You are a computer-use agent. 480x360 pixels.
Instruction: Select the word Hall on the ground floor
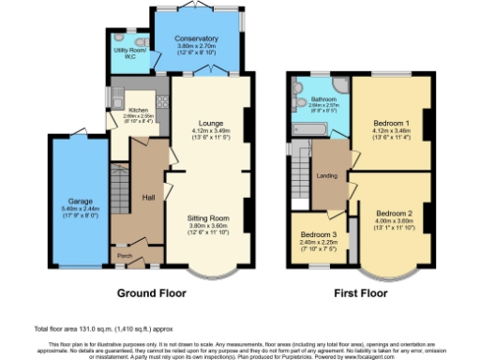[148, 198]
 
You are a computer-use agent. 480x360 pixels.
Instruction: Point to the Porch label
[124, 254]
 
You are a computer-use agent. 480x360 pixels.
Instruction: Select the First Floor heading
[361, 293]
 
